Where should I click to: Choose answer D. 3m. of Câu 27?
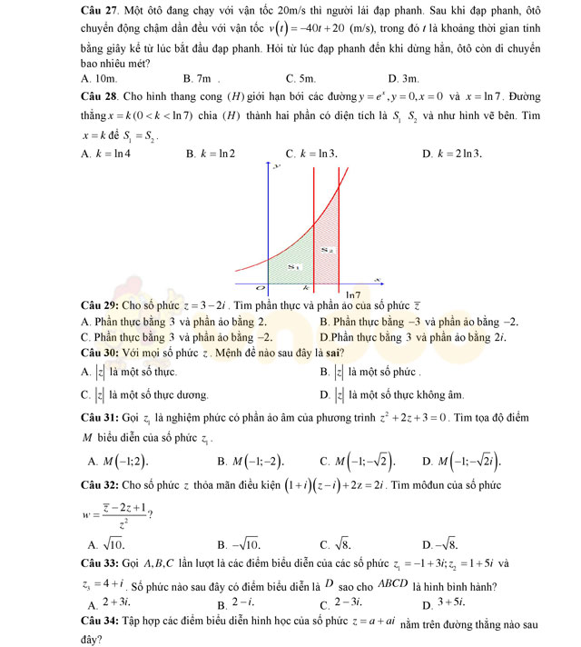coord(404,80)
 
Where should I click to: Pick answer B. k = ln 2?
coord(211,153)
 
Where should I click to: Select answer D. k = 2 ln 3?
coord(452,153)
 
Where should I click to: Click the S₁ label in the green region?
coord(292,266)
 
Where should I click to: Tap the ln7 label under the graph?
coord(354,295)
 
